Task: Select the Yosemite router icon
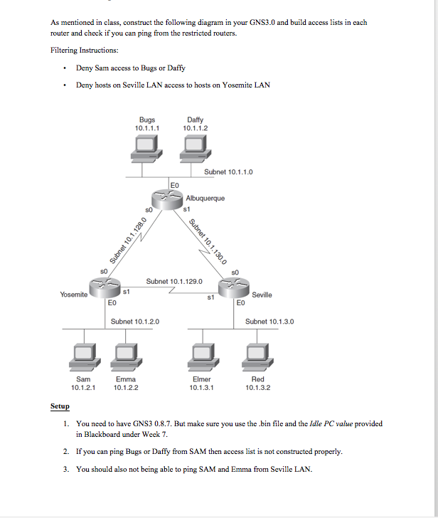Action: click(x=105, y=289)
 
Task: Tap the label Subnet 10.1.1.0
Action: click(x=228, y=172)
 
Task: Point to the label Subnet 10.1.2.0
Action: click(x=135, y=322)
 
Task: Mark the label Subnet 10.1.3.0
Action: click(x=269, y=322)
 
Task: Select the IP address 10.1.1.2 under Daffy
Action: click(x=195, y=128)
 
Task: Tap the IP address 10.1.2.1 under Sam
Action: click(x=83, y=388)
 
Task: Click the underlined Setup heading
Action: click(x=60, y=406)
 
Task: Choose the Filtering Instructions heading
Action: click(x=85, y=50)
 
